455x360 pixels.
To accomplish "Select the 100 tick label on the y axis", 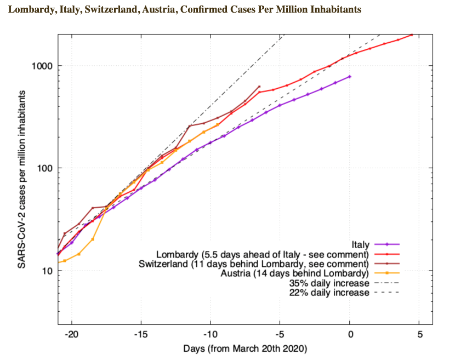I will tap(46, 168).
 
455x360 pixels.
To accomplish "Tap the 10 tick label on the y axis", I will tap(48, 271).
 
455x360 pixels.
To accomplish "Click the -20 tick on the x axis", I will tap(71, 334).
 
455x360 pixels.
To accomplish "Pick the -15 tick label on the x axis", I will tap(141, 334).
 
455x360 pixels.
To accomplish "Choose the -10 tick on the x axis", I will tap(211, 334).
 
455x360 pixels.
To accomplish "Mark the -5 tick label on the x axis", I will tap(280, 334).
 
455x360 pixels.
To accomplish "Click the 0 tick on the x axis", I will tap(350, 334).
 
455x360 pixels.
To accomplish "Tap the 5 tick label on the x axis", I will tap(420, 334).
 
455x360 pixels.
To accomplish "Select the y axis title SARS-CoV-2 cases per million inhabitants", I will tap(21, 179).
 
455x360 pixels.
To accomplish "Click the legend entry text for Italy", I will tap(360, 244).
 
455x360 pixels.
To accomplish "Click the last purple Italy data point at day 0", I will tap(350, 77).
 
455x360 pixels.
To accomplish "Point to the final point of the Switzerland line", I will tap(259, 87).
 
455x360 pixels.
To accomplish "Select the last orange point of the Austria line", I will tap(218, 125).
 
